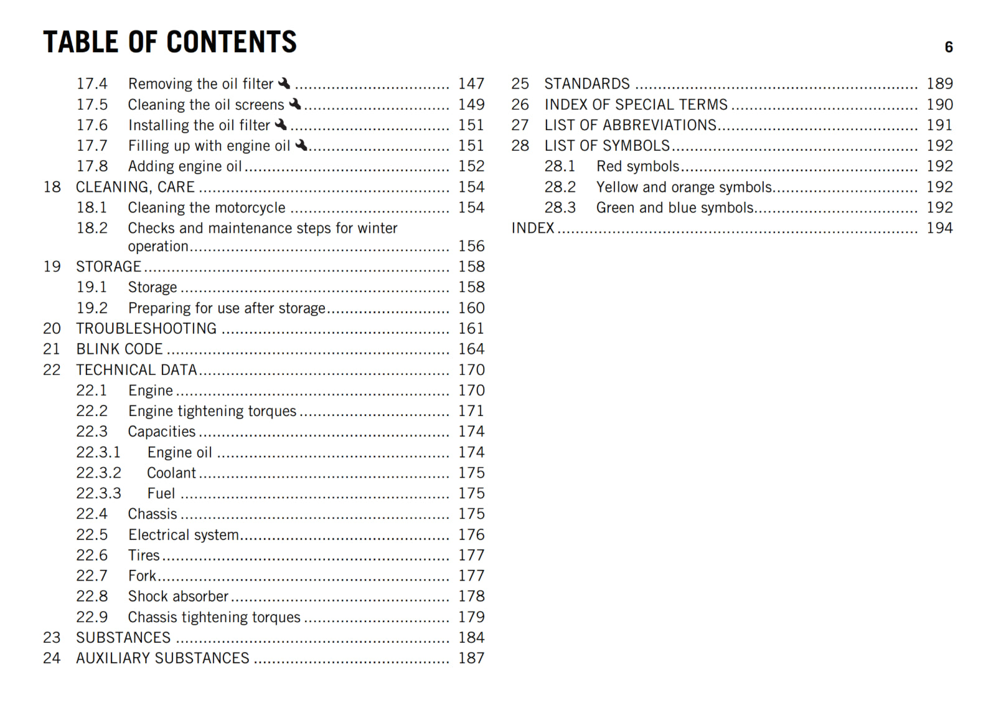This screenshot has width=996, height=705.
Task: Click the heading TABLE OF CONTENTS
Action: click(x=169, y=42)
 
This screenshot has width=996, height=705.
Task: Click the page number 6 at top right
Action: click(x=948, y=47)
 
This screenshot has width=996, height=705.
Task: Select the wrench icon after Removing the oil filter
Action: click(x=284, y=83)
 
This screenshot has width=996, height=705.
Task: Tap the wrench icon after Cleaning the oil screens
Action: click(x=295, y=103)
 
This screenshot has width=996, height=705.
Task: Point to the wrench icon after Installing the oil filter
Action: click(x=281, y=125)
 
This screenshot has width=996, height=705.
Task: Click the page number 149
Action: click(x=471, y=105)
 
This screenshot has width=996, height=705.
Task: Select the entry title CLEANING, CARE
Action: click(x=135, y=187)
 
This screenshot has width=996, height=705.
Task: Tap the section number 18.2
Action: click(x=92, y=228)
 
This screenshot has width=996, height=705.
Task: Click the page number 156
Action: click(x=471, y=246)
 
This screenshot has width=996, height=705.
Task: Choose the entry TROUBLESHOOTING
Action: click(x=146, y=328)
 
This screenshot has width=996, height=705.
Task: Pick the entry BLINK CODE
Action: click(x=120, y=349)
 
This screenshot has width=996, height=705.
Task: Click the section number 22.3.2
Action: click(x=98, y=473)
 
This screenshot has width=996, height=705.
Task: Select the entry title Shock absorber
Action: click(x=178, y=596)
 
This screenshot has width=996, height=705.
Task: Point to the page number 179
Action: click(x=471, y=617)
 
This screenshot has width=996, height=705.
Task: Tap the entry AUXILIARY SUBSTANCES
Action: click(x=162, y=658)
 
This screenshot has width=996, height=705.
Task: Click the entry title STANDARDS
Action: click(x=587, y=83)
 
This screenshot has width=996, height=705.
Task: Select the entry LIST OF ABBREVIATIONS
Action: click(x=631, y=125)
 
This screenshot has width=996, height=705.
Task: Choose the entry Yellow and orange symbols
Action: click(x=684, y=187)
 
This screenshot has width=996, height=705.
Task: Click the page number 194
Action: click(x=939, y=228)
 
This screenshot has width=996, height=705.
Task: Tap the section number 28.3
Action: click(x=560, y=207)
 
